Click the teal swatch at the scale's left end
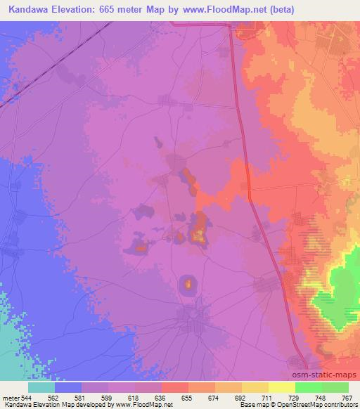pos(41,387)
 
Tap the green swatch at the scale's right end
pos(335,387)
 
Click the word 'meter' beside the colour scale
pos(8,397)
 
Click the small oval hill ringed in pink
pos(188,284)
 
